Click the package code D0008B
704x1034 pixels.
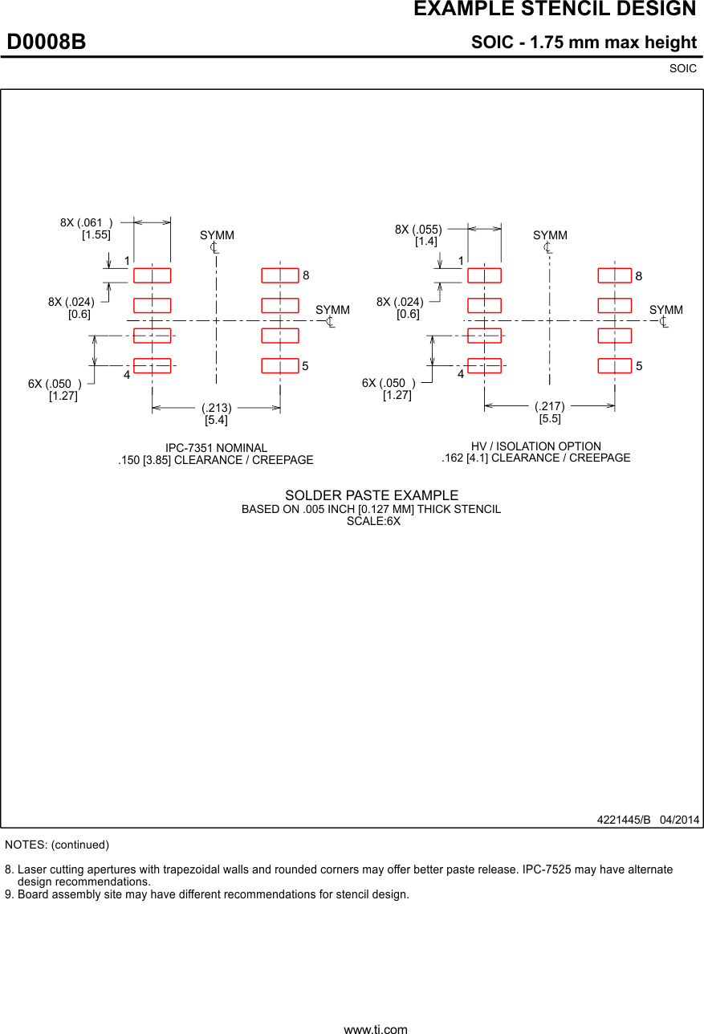[47, 42]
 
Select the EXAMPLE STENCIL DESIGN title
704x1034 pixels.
[554, 10]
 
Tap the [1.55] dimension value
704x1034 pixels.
[96, 235]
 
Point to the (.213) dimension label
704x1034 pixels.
[217, 408]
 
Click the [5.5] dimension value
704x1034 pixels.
[550, 418]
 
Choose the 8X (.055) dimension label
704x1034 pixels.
[418, 230]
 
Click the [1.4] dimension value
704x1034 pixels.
[426, 242]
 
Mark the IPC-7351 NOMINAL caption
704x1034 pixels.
[216, 448]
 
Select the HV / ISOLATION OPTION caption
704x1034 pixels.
[536, 446]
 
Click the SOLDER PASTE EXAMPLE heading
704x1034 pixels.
[372, 496]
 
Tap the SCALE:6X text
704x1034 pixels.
[373, 521]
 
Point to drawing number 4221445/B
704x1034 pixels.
[623, 820]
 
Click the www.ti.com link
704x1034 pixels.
[376, 1029]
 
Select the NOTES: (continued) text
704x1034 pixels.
[57, 845]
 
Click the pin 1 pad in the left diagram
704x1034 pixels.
[153, 275]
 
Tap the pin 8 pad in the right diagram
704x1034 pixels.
[615, 275]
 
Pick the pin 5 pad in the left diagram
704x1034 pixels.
[280, 366]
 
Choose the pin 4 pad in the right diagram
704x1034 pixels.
[484, 366]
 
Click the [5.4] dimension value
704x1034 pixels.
[216, 420]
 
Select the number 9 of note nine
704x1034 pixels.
[9, 894]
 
